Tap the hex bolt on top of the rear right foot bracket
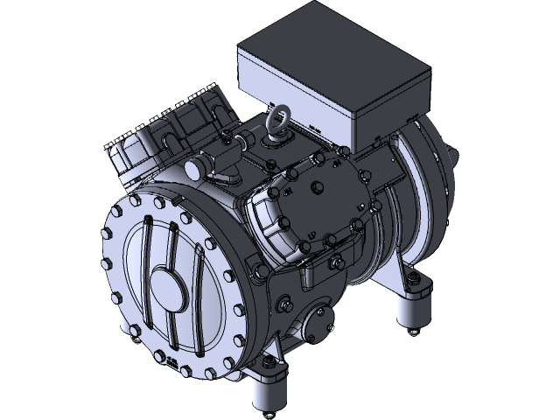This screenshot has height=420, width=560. [407, 280]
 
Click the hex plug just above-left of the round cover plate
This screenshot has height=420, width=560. [284, 304]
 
